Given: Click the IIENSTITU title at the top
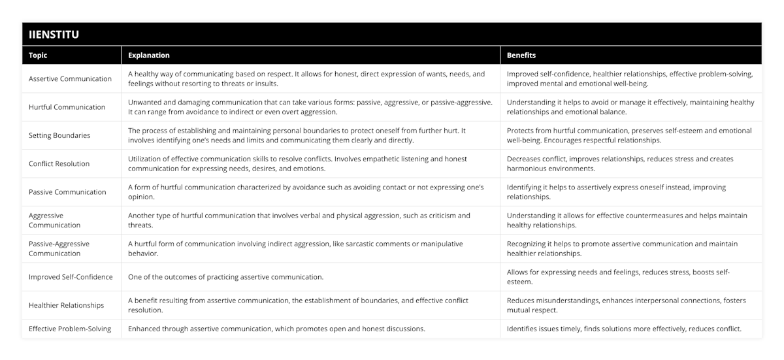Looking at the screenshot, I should click(54, 35).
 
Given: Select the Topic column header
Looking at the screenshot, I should click(38, 56).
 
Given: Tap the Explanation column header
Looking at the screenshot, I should click(149, 56).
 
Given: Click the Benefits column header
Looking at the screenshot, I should click(521, 56).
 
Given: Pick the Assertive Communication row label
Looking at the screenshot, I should click(71, 79).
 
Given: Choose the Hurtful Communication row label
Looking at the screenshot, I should click(67, 107).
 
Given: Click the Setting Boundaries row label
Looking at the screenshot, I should click(60, 135).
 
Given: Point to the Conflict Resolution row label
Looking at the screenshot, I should click(59, 164).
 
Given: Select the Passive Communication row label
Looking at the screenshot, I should click(67, 192).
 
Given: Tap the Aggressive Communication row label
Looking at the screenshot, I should click(55, 220).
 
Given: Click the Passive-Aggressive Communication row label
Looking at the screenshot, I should click(59, 248).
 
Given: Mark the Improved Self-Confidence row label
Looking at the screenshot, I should click(71, 277).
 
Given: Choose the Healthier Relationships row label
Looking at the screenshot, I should click(67, 305).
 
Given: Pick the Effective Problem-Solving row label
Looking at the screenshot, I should click(70, 329).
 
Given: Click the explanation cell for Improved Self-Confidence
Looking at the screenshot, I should click(226, 277).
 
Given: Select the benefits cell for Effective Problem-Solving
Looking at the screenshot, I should click(624, 329).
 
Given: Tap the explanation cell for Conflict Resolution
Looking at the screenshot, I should click(297, 164).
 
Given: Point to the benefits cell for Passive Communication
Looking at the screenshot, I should click(616, 192).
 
